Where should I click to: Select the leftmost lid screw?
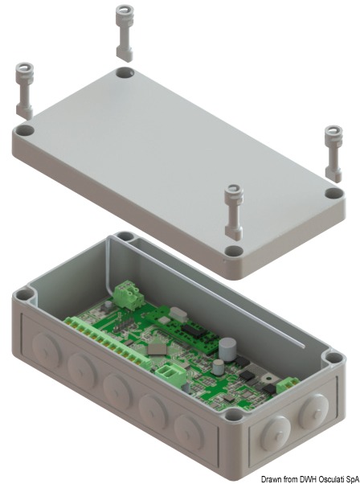click(x=22, y=88)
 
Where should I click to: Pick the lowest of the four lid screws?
click(x=232, y=210)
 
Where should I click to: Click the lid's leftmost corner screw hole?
click(x=25, y=129)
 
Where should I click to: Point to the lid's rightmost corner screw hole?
click(x=333, y=194)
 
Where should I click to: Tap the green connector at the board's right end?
click(x=285, y=385)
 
